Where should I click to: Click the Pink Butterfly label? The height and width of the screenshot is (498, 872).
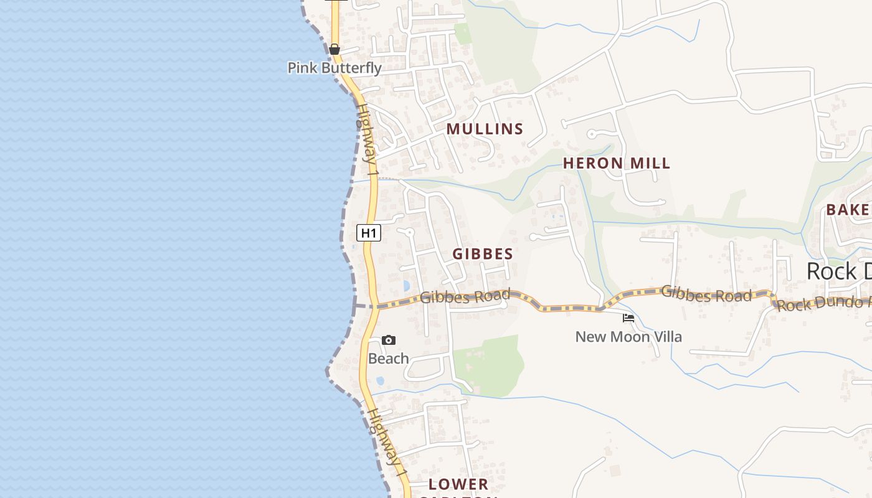[x=334, y=67]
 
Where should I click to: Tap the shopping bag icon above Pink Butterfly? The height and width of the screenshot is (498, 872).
[x=334, y=49]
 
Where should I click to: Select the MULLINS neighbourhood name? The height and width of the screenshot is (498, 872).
[x=485, y=129]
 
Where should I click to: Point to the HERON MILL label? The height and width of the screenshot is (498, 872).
[x=617, y=163]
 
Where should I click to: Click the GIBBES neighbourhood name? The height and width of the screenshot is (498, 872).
[x=483, y=254]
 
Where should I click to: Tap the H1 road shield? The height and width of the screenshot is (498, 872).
[x=369, y=233]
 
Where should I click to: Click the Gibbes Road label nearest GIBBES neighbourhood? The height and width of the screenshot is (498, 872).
[x=465, y=296]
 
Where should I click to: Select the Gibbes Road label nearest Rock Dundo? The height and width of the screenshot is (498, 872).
[x=706, y=294]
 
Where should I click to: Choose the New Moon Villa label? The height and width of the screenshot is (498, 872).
[x=628, y=337]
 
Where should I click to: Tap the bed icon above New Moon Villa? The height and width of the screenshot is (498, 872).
[x=628, y=318]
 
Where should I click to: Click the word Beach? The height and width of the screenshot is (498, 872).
[x=389, y=359]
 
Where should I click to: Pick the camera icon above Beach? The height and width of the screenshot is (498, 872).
[x=389, y=340]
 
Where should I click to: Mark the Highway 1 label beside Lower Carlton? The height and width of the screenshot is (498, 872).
[x=387, y=444]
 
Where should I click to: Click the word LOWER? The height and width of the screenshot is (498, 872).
[x=458, y=484]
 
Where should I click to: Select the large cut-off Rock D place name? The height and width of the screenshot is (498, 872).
[x=838, y=271]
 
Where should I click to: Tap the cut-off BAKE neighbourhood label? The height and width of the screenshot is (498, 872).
[x=848, y=210]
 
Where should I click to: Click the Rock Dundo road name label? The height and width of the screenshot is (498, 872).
[x=823, y=304]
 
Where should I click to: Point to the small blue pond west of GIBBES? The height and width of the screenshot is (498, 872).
[x=406, y=286]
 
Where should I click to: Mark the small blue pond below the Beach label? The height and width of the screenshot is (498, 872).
[x=380, y=380]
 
